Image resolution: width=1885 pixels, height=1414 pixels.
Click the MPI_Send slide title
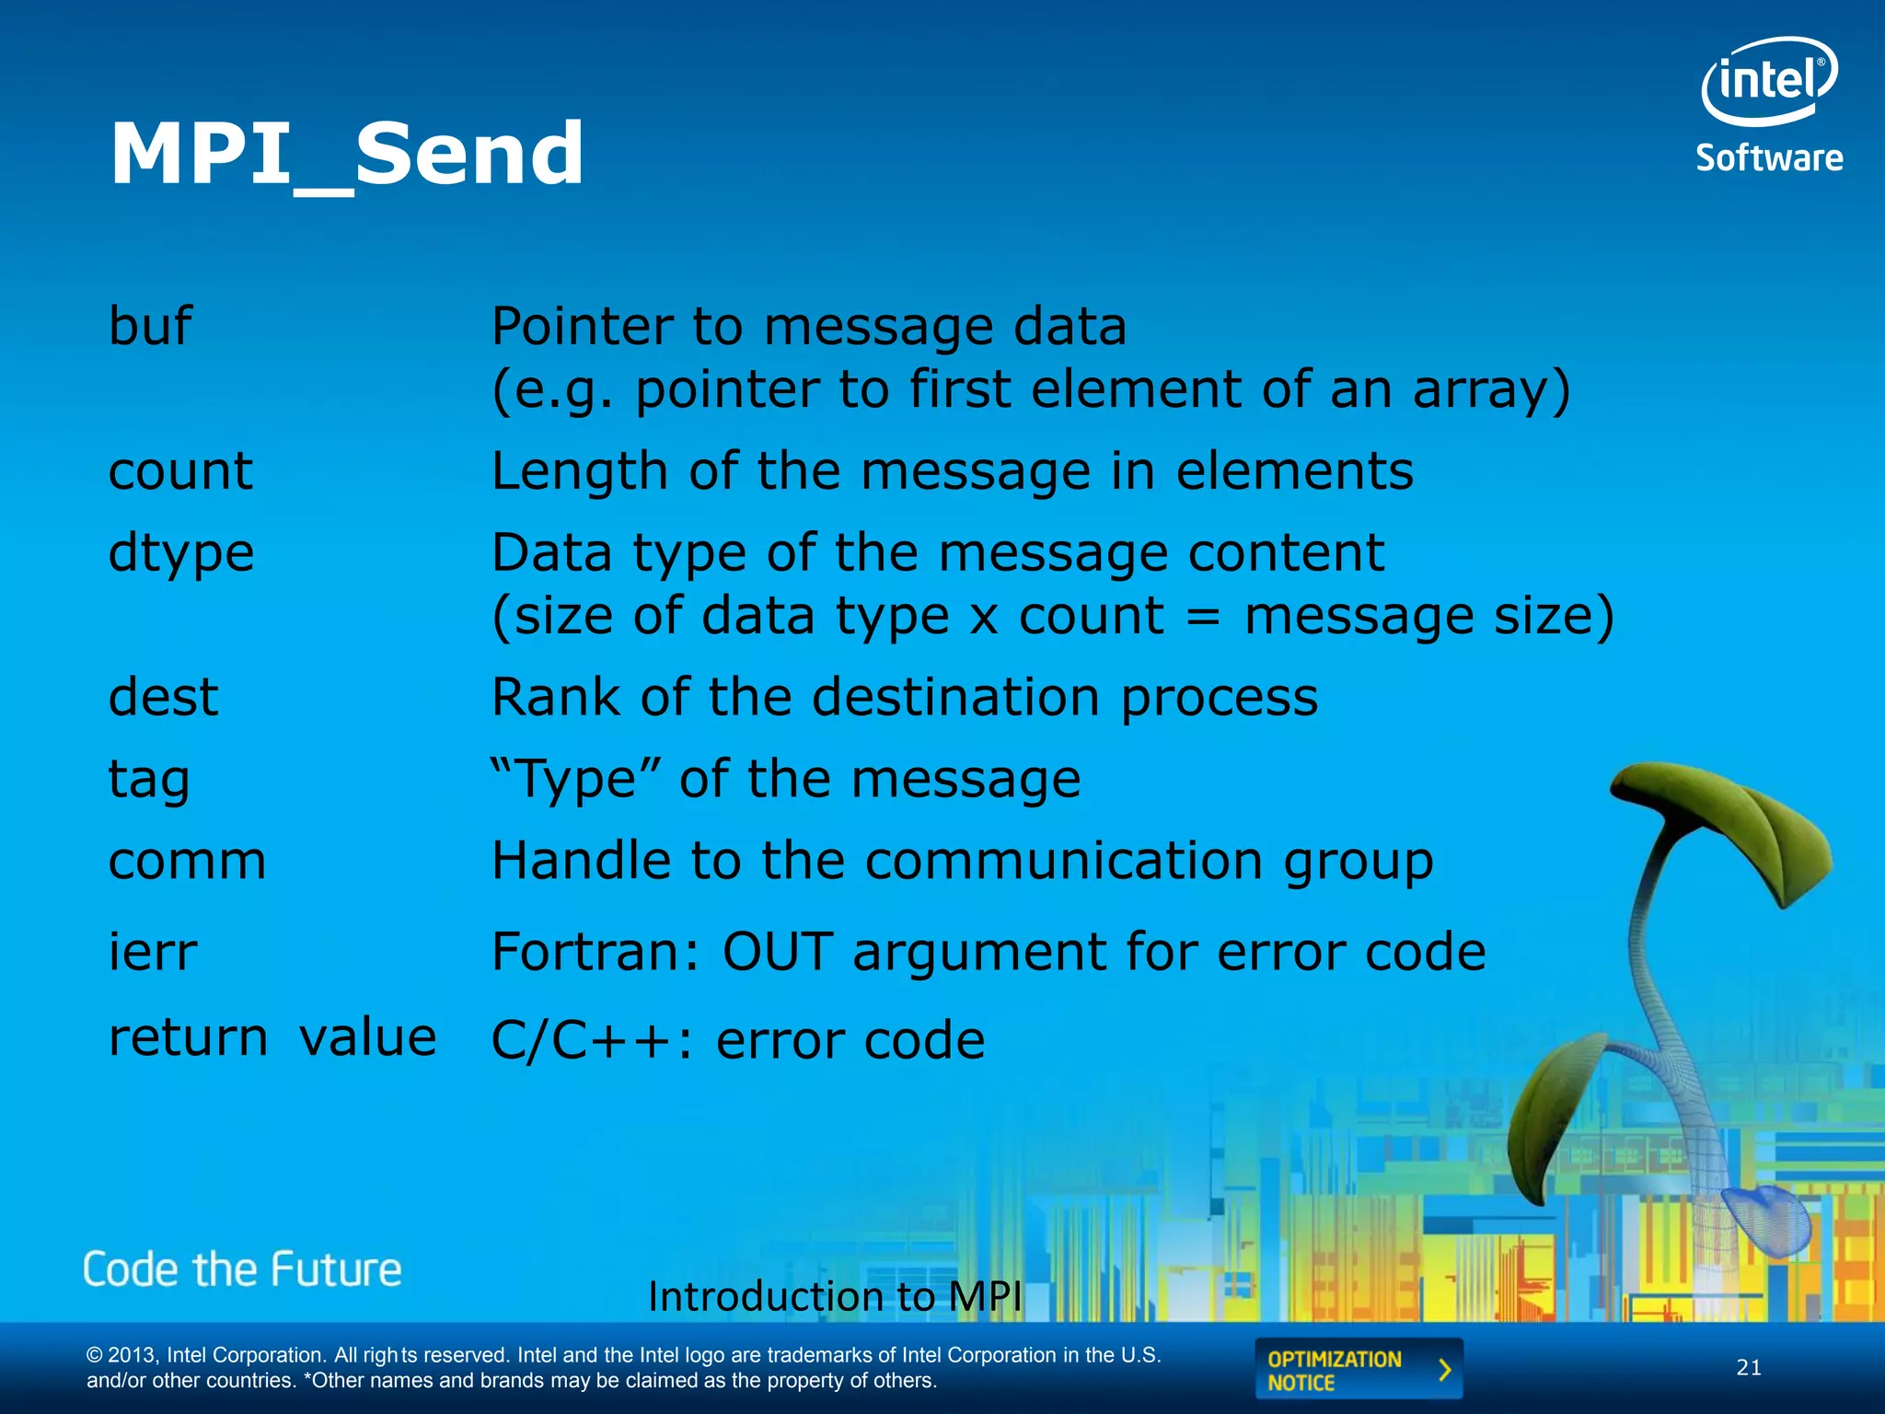(346, 155)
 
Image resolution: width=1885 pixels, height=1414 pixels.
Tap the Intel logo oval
(1768, 81)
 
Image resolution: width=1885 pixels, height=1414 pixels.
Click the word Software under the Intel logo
(1769, 158)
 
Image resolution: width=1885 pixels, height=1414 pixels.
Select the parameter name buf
(150, 326)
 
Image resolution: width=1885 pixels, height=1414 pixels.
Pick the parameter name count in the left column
(180, 471)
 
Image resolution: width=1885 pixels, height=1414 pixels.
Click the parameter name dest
(164, 697)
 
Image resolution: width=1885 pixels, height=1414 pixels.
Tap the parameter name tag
(149, 781)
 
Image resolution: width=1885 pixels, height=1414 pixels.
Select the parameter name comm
(187, 862)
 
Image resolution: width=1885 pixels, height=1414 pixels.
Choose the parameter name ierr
(153, 952)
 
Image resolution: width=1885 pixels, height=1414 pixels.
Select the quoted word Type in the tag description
(576, 780)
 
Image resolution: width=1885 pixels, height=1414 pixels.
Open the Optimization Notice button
(1358, 1370)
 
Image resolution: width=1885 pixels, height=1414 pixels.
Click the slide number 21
(1749, 1368)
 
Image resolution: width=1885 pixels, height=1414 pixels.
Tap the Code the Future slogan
(242, 1270)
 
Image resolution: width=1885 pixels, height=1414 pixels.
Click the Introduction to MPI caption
(835, 1296)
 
